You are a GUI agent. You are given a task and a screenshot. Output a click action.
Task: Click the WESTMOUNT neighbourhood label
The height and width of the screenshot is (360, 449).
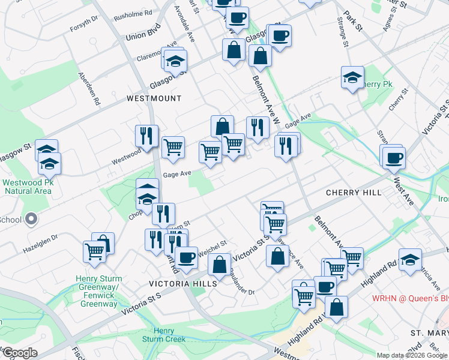click(154, 98)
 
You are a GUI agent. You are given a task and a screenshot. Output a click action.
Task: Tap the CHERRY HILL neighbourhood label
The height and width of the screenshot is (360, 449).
click(353, 193)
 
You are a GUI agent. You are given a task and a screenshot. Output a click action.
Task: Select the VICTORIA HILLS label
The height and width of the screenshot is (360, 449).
click(179, 283)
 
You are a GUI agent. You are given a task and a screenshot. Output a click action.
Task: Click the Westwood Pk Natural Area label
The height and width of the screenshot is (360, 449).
click(27, 187)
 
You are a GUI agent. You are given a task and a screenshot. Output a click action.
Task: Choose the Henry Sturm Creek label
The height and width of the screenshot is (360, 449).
click(164, 335)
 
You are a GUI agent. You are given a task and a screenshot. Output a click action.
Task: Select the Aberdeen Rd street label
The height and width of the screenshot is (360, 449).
click(88, 89)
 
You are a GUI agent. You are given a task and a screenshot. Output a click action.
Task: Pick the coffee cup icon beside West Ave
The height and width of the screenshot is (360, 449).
click(394, 158)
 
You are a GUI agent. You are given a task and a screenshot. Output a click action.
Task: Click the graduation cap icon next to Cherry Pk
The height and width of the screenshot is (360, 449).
click(352, 77)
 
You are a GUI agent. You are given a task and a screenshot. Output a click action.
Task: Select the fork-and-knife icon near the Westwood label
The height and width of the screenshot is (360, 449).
click(146, 136)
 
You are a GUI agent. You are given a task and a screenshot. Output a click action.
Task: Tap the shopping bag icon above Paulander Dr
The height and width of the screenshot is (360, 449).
click(220, 265)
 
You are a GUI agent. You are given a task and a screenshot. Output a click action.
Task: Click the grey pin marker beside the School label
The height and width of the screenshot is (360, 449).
click(31, 219)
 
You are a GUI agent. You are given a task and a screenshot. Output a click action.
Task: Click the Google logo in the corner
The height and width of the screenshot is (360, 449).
click(19, 353)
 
